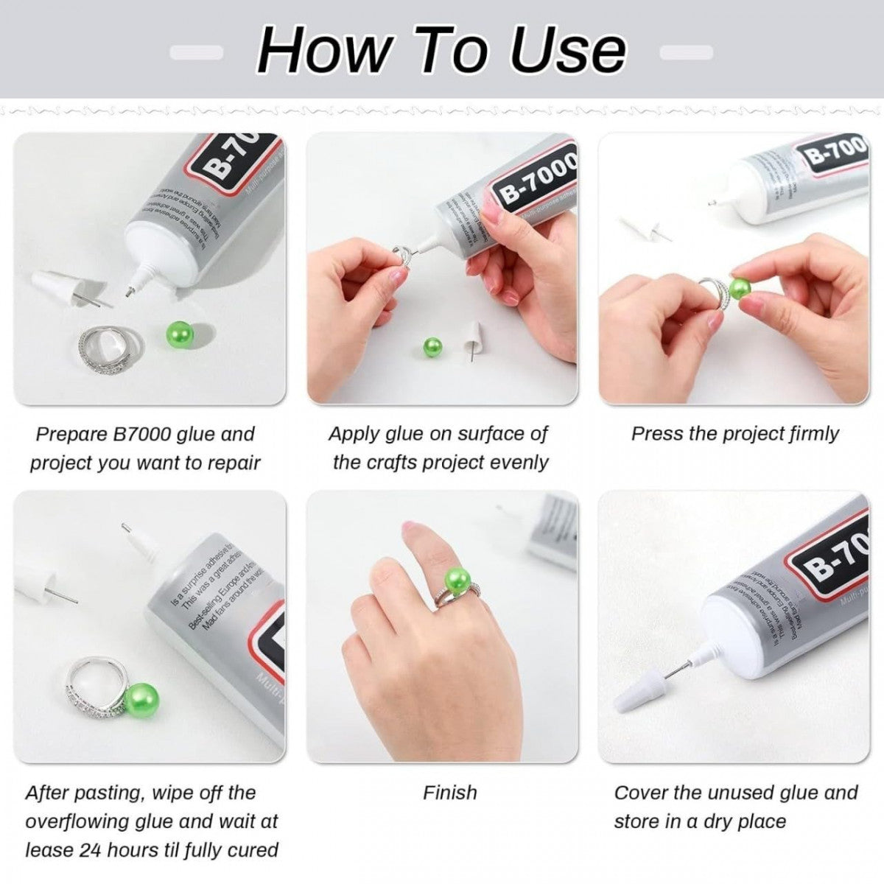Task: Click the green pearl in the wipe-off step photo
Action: [x=141, y=700]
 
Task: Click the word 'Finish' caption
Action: [x=449, y=793]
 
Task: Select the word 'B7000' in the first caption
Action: [x=144, y=434]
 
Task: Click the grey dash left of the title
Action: [x=196, y=52]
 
